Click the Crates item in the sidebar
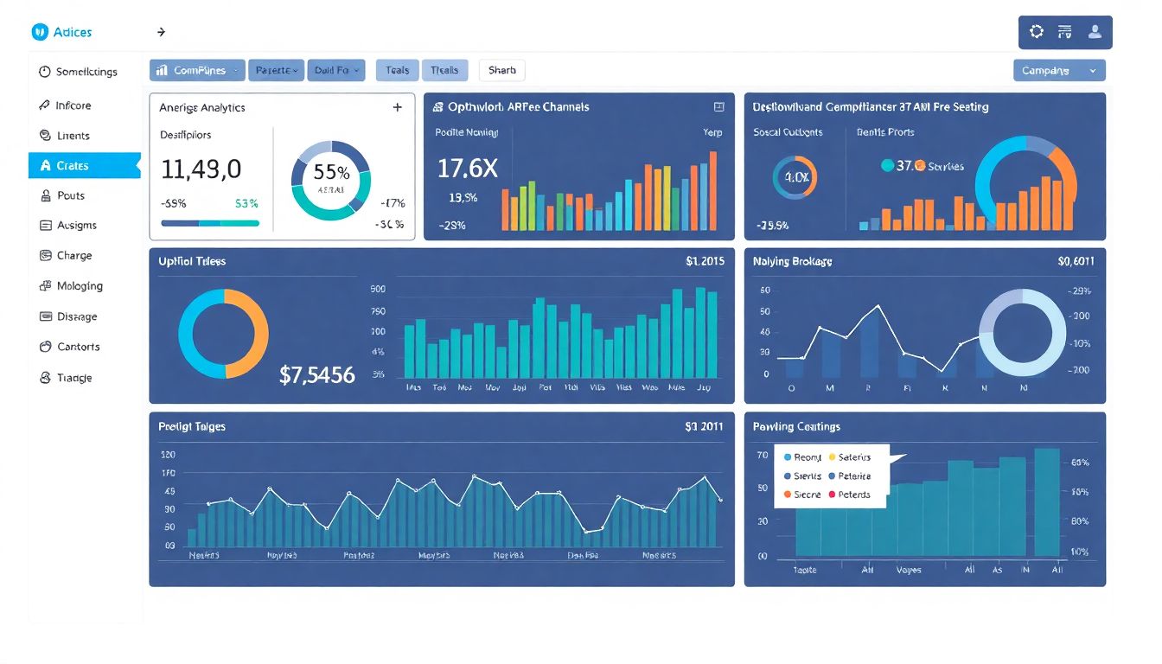pyautogui.click(x=73, y=166)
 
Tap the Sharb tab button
pyautogui.click(x=501, y=71)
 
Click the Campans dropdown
pyautogui.click(x=1058, y=71)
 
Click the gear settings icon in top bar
pyautogui.click(x=1036, y=32)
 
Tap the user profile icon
pyautogui.click(x=1095, y=32)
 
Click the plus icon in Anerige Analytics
pyautogui.click(x=398, y=108)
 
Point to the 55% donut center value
pyautogui.click(x=331, y=172)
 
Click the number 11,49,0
pyautogui.click(x=201, y=169)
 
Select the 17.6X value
pyautogui.click(x=467, y=168)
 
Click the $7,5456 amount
pyautogui.click(x=317, y=375)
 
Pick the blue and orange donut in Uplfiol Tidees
pyautogui.click(x=223, y=334)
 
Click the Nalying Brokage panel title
pyautogui.click(x=792, y=261)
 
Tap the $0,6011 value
pyautogui.click(x=1076, y=261)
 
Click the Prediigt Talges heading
pyautogui.click(x=192, y=426)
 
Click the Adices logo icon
pyautogui.click(x=40, y=32)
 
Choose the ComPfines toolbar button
pyautogui.click(x=197, y=71)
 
